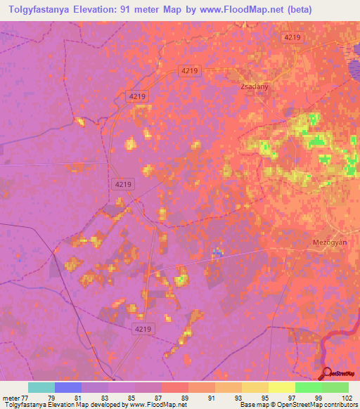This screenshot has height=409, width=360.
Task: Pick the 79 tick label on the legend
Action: [51, 397]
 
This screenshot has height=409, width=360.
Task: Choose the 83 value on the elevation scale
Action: [104, 397]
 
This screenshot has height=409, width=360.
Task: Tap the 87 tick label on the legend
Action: [157, 397]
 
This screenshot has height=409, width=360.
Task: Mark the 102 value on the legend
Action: [344, 397]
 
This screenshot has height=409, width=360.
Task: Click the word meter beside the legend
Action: [11, 397]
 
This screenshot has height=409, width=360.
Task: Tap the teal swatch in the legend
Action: [41, 387]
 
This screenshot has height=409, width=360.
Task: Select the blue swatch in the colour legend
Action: [68, 387]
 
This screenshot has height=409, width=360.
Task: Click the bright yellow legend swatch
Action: [281, 387]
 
